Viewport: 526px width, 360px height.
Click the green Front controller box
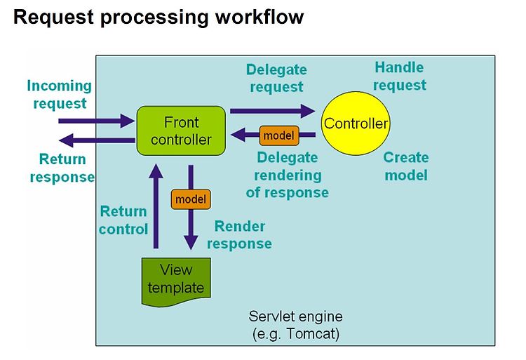181,131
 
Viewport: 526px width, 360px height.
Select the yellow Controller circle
356,124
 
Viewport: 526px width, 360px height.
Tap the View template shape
176,282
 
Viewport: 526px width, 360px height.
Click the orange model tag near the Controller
279,135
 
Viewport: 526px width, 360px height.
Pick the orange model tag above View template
191,199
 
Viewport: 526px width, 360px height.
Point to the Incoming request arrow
97,121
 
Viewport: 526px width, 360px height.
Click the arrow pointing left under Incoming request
97,140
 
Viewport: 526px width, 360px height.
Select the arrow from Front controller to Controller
273,111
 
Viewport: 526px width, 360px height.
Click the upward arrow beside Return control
156,206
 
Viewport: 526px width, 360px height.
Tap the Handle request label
400,76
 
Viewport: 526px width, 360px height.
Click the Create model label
406,166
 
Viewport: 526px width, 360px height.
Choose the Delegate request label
276,78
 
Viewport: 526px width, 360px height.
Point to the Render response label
240,235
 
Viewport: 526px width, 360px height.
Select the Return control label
123,220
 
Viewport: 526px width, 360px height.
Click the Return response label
62,168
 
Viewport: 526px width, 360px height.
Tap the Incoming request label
60,94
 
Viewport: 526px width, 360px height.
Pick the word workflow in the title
259,17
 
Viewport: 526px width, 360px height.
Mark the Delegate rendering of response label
288,175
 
